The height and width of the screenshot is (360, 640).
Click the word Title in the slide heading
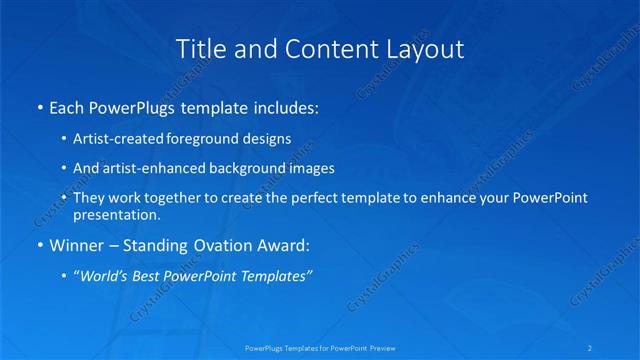click(199, 48)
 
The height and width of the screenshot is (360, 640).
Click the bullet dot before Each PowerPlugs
click(39, 106)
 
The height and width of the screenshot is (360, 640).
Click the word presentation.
click(115, 214)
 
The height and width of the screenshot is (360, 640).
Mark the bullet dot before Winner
click(39, 244)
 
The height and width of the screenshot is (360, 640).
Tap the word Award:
click(285, 244)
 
